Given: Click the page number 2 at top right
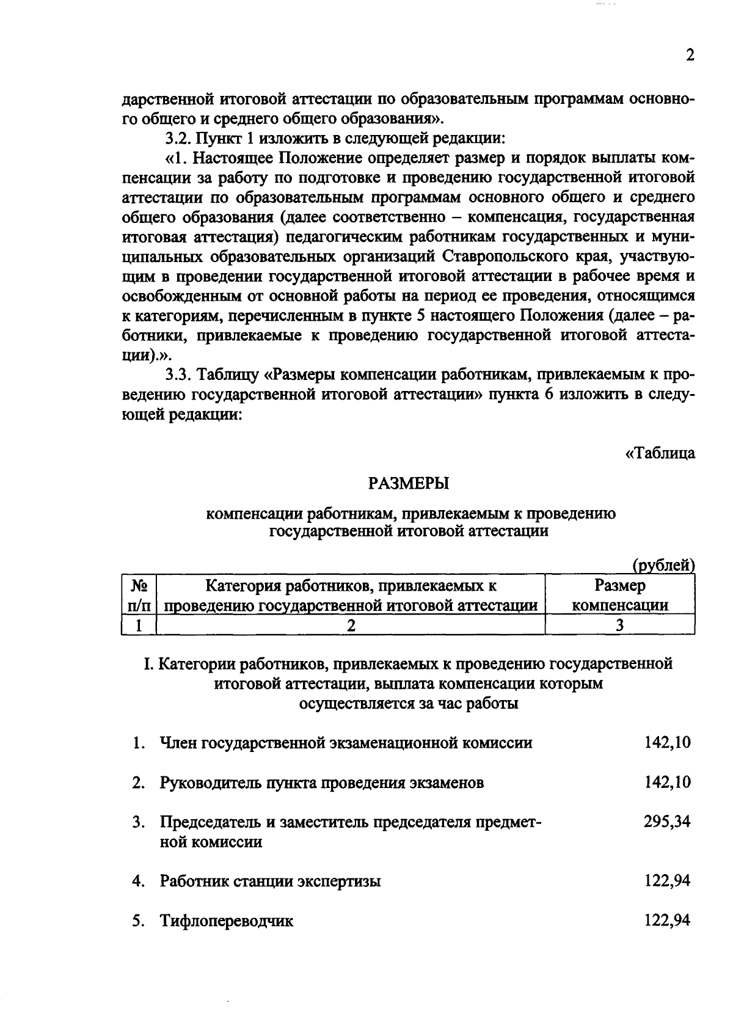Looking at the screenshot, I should coord(690,56).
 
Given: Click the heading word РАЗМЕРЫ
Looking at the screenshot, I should coord(409,484).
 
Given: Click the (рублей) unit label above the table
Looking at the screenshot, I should coord(664,566).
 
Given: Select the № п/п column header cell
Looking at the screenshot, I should coord(139,596).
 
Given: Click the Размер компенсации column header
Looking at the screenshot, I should coord(620,596).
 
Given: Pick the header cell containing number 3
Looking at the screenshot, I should coord(620,626).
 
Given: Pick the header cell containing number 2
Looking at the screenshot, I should coord(351,626).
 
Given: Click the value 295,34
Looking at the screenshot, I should coord(667,822).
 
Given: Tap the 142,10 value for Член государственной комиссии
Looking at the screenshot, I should coord(667,743).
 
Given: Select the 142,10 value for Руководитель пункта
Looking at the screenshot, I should coord(667,783).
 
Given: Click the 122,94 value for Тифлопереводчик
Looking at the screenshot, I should coord(667,921).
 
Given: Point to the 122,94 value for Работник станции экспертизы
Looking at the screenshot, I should coord(667,881).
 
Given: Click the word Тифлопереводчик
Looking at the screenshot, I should coord(227,921).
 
